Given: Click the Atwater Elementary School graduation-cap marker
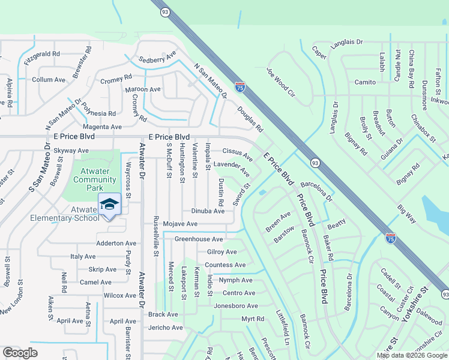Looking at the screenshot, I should pos(109,205).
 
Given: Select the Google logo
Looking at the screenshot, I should pos(20,353).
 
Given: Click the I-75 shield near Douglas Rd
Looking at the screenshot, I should pos(240,87).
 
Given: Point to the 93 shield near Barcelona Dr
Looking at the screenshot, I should pos(315,162).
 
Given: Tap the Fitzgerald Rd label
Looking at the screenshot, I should pos(42,57).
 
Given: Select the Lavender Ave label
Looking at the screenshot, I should pos(232,167).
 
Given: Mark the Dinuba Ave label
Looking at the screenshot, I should pos(208,211).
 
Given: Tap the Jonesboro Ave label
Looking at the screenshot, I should pos(236,305).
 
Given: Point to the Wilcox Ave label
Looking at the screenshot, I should pos(120,295).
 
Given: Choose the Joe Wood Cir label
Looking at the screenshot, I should pos(280,82).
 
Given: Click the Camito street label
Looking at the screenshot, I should pos(365,82).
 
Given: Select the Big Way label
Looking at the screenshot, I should pos(407,214).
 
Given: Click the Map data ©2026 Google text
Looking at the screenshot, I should pos(411,355).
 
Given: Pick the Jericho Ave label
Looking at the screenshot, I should pos(166,328).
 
